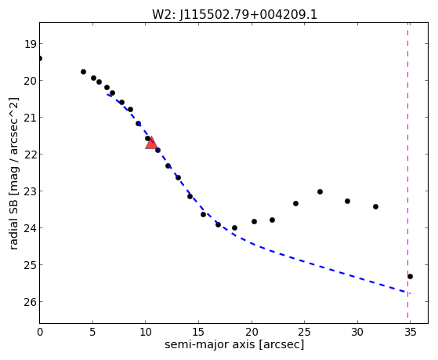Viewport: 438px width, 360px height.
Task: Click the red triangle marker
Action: [151, 143]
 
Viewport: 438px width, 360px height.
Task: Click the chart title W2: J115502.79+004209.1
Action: [234, 15]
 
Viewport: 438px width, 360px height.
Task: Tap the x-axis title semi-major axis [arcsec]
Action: [234, 344]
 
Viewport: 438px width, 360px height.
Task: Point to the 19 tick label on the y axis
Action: [30, 44]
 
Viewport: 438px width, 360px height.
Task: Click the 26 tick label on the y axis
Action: [30, 302]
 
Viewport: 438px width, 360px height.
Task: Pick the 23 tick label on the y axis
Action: [30, 191]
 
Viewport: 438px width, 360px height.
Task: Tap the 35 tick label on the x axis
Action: [410, 333]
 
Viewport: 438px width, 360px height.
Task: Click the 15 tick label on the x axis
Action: [198, 333]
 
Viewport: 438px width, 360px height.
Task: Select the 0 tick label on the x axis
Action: [40, 333]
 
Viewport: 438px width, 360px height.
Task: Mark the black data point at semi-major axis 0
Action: [40, 59]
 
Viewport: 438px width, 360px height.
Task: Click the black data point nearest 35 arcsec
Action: [410, 276]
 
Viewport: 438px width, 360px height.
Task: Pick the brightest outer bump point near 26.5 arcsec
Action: [320, 191]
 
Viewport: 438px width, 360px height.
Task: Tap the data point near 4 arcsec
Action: [83, 71]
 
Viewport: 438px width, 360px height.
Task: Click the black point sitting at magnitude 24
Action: [234, 227]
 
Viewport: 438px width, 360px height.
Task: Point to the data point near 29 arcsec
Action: [347, 201]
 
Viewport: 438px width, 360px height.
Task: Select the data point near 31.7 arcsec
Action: [375, 207]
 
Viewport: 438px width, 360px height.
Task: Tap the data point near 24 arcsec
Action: [296, 203]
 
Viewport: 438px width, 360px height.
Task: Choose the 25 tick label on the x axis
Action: [304, 333]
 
